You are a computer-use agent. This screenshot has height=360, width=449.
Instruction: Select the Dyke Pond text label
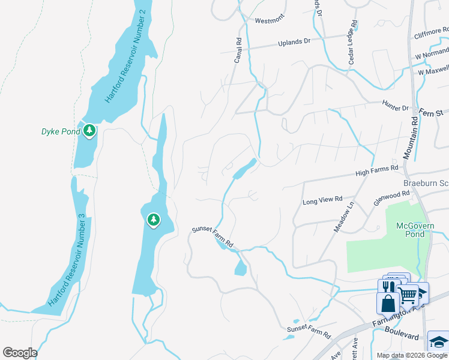(x=60, y=131)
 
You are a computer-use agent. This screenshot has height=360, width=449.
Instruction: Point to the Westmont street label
(x=269, y=20)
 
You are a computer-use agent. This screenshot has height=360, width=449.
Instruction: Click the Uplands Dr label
(x=294, y=43)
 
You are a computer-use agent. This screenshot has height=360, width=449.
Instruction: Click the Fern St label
(x=430, y=112)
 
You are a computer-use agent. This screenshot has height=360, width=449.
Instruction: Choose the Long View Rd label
(x=322, y=199)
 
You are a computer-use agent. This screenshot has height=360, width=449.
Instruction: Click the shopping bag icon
(x=388, y=303)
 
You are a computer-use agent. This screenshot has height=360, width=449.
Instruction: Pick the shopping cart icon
(x=408, y=294)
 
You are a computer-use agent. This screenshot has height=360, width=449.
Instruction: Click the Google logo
(x=20, y=353)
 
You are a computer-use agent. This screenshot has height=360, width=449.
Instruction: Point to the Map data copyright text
(x=412, y=355)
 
